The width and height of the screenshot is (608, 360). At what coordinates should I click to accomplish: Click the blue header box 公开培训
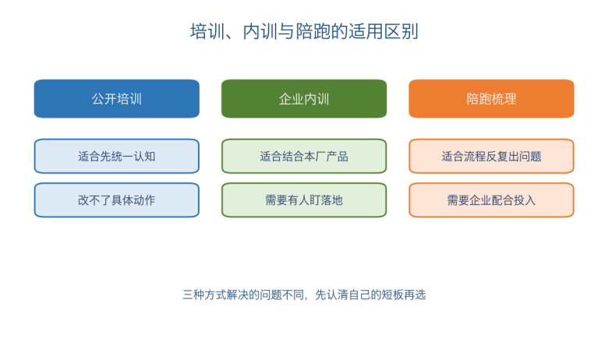click(117, 99)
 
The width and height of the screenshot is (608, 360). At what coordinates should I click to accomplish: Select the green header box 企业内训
click(304, 99)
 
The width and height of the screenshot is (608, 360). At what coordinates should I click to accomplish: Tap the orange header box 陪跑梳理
click(491, 99)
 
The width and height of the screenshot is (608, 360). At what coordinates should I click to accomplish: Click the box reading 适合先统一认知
click(117, 156)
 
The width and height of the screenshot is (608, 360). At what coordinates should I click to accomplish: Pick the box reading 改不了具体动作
click(117, 200)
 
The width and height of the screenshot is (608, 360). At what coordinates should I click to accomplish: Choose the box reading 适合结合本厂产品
click(304, 156)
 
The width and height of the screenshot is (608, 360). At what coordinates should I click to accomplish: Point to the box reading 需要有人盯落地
click(304, 200)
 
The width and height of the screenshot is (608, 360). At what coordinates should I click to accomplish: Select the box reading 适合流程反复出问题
click(491, 156)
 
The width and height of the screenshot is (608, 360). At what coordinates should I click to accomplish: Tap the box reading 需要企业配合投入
click(491, 200)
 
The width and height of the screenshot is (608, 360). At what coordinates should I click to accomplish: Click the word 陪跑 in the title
click(313, 31)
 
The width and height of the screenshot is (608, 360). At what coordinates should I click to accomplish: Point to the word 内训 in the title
click(260, 31)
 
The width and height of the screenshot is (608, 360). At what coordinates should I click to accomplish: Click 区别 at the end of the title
click(401, 31)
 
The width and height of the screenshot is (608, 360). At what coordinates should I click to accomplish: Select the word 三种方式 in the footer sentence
click(204, 295)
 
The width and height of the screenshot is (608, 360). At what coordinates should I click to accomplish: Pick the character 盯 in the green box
click(315, 200)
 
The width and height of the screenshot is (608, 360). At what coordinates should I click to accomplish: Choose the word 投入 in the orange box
click(525, 200)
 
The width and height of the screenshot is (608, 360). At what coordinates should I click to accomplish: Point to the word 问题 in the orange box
click(531, 156)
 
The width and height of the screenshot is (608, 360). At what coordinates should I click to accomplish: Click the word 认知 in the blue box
click(144, 156)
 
